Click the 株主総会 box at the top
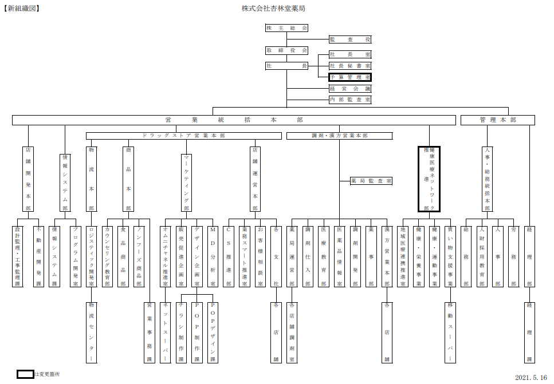286,28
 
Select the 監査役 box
350,39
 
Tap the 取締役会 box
286,50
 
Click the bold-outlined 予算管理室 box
350,77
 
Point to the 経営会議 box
350,89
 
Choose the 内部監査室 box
350,100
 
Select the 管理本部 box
497,120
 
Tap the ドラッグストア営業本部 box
184,136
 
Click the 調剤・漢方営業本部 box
339,136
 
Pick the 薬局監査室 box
371,181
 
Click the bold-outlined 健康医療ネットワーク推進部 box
428,179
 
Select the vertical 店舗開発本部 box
28,179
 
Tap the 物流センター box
92,332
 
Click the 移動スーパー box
450,332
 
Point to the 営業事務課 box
150,332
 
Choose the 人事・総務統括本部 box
488,179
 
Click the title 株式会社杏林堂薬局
273,9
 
